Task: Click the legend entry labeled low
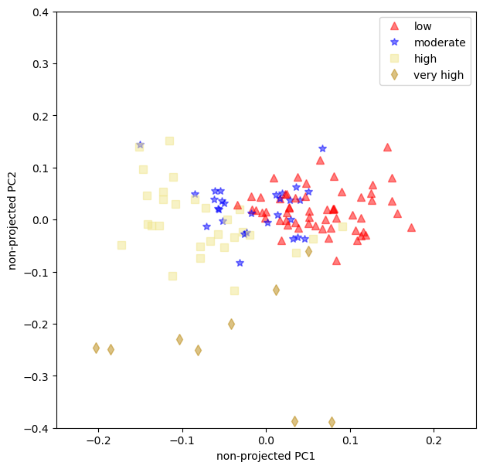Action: click(x=423, y=27)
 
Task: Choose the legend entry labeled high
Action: click(x=423, y=59)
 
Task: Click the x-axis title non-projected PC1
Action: click(x=266, y=456)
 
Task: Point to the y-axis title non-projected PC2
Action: click(x=12, y=220)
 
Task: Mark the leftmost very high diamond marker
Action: click(x=96, y=348)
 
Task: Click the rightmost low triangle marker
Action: click(x=411, y=227)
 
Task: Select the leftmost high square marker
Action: click(x=121, y=245)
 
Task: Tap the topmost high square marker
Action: click(x=169, y=141)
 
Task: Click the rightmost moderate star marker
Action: click(x=322, y=148)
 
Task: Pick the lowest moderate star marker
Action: click(x=240, y=263)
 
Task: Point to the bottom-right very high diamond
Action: click(x=332, y=422)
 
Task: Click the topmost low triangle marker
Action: click(x=387, y=147)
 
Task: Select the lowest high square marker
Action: click(x=234, y=291)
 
